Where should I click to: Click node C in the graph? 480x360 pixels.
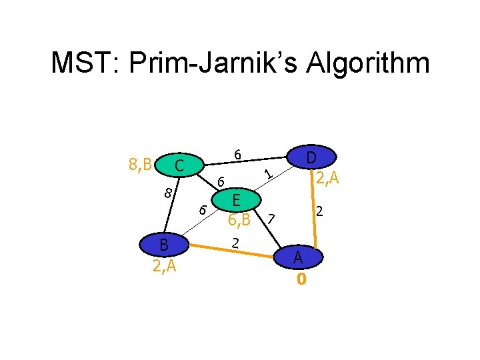click(176, 165)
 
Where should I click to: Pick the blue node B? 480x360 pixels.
click(163, 245)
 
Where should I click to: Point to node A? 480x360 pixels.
click(299, 257)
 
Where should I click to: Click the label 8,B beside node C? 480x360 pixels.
click(139, 164)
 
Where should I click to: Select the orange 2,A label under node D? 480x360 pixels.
click(328, 177)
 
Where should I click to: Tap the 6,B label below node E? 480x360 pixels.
click(238, 219)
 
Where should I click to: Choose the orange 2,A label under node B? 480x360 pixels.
click(163, 267)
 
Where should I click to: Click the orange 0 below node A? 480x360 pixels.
click(301, 279)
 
